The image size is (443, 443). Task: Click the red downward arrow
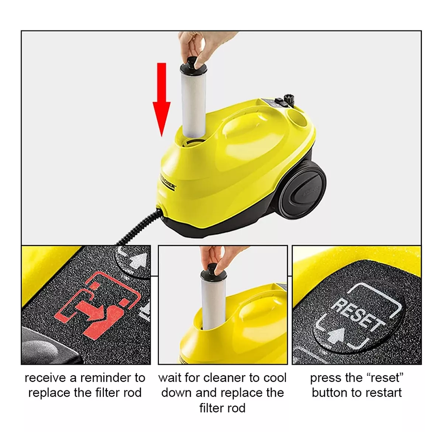point(161,99)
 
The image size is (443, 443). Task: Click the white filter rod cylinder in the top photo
point(194,104)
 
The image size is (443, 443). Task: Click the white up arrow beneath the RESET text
point(337,336)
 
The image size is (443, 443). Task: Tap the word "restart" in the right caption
point(385,393)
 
